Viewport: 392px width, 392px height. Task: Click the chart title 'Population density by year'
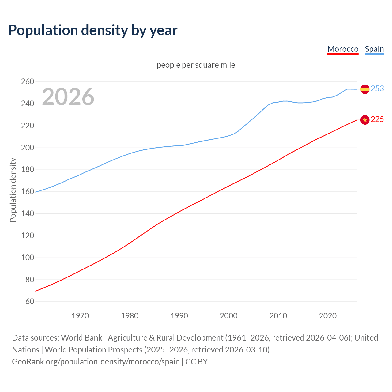coord(93,30)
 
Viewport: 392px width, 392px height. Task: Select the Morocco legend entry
coord(343,49)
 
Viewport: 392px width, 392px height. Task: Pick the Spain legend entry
coord(374,49)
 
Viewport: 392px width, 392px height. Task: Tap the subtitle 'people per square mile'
coord(196,65)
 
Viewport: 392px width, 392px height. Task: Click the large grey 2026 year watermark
coord(68,97)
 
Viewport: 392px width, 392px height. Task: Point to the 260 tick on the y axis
coord(27,82)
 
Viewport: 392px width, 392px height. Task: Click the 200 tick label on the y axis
coord(27,148)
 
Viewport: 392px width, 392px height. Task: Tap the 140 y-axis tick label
coord(27,214)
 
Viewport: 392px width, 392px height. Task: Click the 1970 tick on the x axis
coord(80,316)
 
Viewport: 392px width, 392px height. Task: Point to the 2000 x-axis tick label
coord(228,316)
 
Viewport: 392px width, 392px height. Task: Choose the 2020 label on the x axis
coord(328,316)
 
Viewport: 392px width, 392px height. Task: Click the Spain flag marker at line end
coord(365,89)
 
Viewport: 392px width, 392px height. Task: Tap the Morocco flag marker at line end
coord(365,120)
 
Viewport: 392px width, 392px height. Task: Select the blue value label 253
coord(377,89)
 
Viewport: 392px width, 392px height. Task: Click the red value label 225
coord(377,119)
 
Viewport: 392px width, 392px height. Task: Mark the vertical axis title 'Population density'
coord(13,190)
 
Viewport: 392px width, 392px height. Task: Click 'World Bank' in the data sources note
coord(81,338)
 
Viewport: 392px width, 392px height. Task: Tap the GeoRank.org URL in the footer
coord(96,362)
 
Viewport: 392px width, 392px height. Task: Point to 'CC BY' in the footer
coord(196,362)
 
